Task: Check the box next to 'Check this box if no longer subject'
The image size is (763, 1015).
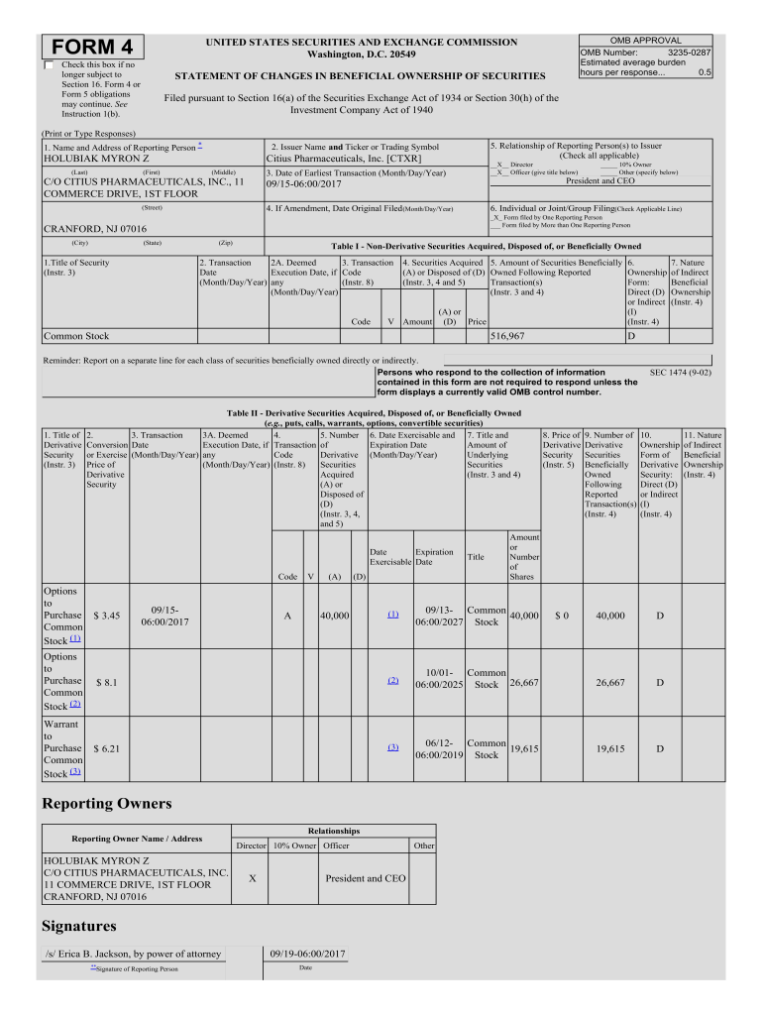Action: (51, 65)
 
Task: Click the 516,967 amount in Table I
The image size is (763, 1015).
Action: (508, 337)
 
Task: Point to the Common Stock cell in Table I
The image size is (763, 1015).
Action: (77, 337)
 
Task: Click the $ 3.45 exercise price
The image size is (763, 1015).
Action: (106, 616)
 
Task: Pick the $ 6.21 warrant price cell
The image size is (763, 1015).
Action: (106, 749)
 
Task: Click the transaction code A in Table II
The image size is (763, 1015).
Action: (286, 616)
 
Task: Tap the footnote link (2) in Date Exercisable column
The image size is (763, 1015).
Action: (392, 680)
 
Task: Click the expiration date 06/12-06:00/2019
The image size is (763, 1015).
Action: (437, 748)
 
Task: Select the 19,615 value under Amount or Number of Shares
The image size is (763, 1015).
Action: (523, 749)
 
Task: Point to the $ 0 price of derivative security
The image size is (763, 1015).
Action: (561, 616)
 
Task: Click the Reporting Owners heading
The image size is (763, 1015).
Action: (106, 803)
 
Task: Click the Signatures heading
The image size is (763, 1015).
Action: (78, 926)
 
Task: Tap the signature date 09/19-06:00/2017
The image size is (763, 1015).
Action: (308, 954)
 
